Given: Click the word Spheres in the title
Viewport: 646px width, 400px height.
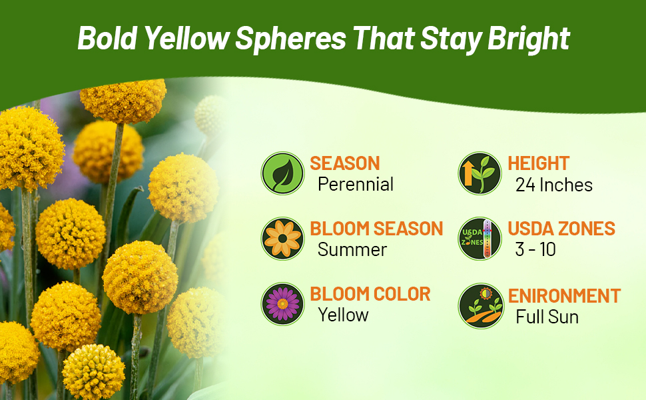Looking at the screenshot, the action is [x=290, y=39].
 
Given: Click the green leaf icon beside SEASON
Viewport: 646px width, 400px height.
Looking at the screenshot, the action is [x=282, y=173].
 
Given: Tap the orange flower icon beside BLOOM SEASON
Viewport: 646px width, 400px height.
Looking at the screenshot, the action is [x=282, y=239].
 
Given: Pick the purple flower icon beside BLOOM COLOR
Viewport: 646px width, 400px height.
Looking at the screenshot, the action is [x=282, y=304].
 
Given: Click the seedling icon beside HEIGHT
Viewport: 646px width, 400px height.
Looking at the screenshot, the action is [x=480, y=173].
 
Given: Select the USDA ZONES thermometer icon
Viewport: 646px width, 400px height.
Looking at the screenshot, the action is [x=480, y=239].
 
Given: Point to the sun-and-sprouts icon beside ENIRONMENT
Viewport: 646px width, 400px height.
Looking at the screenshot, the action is [x=482, y=306].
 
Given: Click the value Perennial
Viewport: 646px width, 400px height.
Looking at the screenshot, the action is [x=356, y=184].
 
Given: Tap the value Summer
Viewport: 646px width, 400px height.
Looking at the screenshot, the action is [x=352, y=249].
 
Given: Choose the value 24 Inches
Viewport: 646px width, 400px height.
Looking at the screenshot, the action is [x=553, y=185].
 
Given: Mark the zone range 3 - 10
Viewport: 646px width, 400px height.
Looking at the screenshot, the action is [x=535, y=249].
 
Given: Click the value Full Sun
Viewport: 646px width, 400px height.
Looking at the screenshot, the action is [x=547, y=317].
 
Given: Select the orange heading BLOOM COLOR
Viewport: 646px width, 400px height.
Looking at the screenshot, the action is [x=370, y=294].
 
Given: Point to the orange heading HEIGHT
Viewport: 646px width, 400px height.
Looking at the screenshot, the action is [x=539, y=163].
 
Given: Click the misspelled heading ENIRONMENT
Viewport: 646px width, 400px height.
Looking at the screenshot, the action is [x=564, y=296].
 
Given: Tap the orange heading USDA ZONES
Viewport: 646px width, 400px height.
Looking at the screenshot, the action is [x=561, y=229].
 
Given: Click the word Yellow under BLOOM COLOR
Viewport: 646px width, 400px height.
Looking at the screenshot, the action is [x=343, y=315].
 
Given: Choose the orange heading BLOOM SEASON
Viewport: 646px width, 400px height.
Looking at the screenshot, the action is [x=376, y=229].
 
